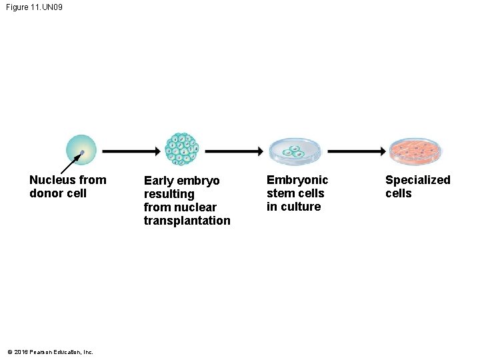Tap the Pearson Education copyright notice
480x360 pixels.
(x=50, y=352)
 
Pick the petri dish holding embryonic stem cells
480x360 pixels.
(x=294, y=153)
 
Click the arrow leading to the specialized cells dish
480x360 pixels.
(x=356, y=152)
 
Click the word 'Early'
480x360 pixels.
(x=159, y=181)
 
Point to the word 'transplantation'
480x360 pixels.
(x=187, y=221)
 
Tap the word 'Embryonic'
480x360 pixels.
(x=297, y=180)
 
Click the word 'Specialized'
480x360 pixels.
(x=417, y=180)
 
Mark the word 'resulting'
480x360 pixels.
(x=169, y=194)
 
